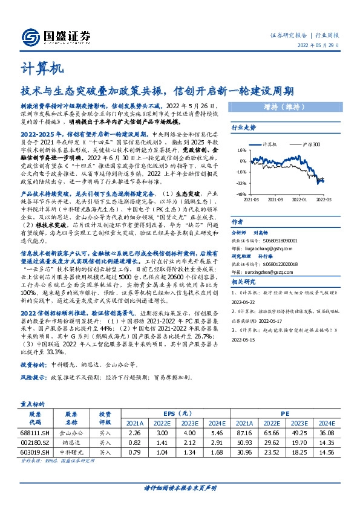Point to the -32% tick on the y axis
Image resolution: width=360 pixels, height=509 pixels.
point(241,183)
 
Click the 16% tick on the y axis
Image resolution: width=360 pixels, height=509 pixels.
point(242,151)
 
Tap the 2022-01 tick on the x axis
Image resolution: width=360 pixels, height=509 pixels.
point(300,198)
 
